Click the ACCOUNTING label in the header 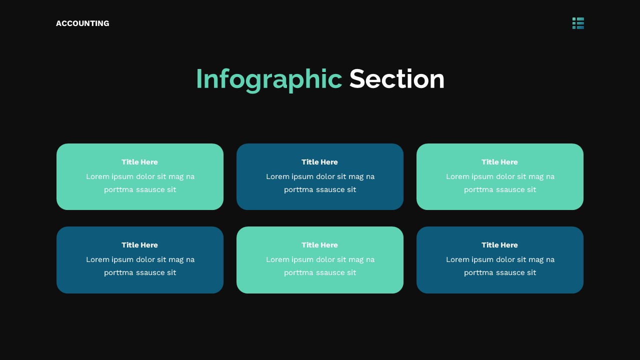tap(82, 23)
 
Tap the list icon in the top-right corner tap(578, 23)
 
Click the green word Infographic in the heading tap(268, 79)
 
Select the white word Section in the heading tap(396, 79)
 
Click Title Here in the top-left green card tap(139, 162)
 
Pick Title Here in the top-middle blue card tap(319, 162)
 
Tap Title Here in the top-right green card tap(499, 162)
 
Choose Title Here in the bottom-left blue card tap(139, 245)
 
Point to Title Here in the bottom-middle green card tap(319, 245)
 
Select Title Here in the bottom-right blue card tap(499, 245)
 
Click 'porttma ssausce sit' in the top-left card tap(140, 189)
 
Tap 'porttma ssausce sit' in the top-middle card tap(320, 189)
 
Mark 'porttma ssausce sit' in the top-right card tap(500, 189)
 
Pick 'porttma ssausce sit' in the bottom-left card tap(140, 272)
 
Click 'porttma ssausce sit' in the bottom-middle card tap(320, 272)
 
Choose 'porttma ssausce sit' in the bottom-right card tap(500, 272)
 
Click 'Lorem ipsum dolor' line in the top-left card tap(140, 176)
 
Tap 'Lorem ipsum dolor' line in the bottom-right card tap(500, 259)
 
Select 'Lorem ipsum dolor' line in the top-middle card tap(320, 176)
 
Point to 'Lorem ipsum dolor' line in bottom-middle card tap(320, 259)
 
